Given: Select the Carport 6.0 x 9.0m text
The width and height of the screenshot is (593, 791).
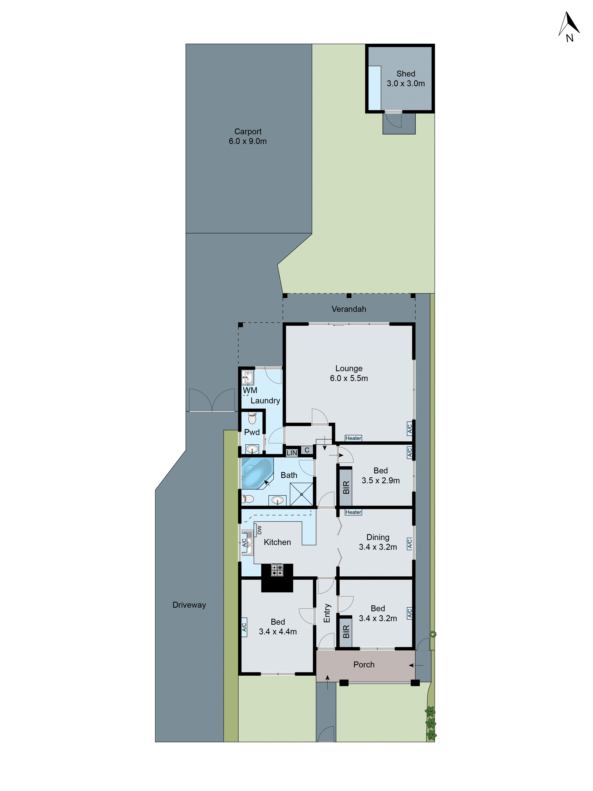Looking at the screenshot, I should click(x=248, y=136).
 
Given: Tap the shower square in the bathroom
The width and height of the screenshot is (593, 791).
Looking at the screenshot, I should click(x=301, y=494).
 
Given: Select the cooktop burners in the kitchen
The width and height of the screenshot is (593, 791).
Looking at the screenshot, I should click(x=277, y=570).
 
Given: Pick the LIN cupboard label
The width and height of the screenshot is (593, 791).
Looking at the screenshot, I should click(x=292, y=453).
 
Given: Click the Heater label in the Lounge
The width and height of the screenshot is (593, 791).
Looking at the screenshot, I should click(x=353, y=438).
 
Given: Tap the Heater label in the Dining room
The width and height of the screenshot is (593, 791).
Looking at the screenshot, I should click(x=353, y=512).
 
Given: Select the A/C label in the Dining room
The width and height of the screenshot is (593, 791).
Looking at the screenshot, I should click(x=410, y=544).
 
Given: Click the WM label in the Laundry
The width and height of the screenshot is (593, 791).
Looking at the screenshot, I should click(x=250, y=390).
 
